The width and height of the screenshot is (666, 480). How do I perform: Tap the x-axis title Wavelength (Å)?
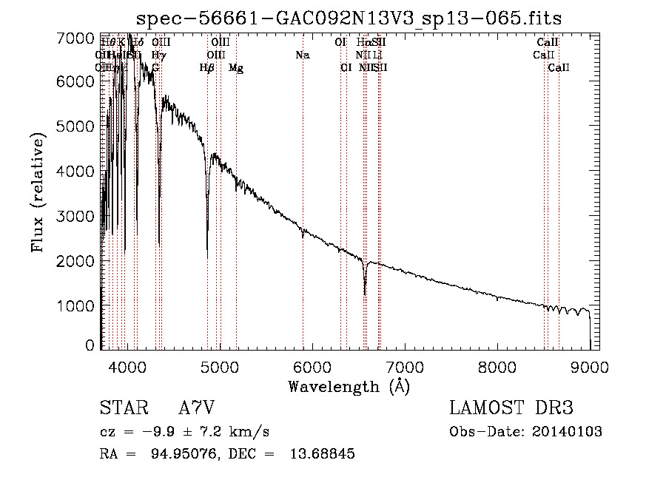coord(349,386)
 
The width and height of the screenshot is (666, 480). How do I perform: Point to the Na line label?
coord(302,55)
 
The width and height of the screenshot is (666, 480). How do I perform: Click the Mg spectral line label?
coord(236,68)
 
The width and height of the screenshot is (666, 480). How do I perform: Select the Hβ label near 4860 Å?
coord(207,68)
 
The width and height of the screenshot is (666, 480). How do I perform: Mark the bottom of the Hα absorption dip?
coord(365,294)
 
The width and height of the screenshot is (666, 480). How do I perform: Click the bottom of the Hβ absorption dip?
coord(207,257)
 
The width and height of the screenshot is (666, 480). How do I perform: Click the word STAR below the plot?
coord(123,408)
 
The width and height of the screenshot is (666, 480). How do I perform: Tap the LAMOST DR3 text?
coord(511,408)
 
